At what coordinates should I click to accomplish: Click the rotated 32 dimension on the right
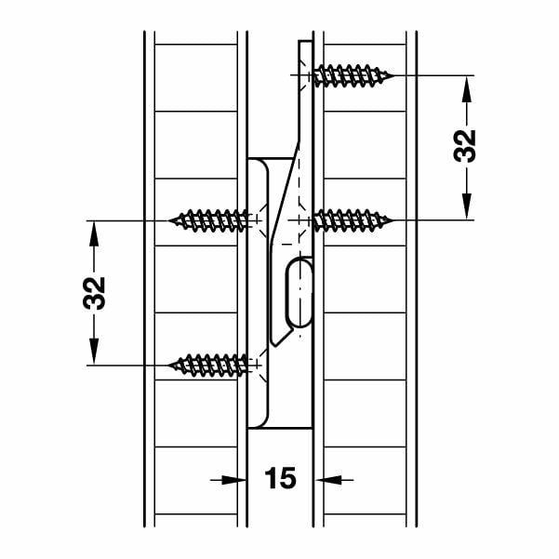pyautogui.click(x=466, y=146)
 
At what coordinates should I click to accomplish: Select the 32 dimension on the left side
pyautogui.click(x=95, y=292)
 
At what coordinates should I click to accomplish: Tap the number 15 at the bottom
pyautogui.click(x=280, y=479)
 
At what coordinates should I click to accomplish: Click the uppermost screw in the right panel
pyautogui.click(x=352, y=74)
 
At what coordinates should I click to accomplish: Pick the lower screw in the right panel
pyautogui.click(x=352, y=220)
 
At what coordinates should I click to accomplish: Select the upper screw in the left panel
pyautogui.click(x=213, y=220)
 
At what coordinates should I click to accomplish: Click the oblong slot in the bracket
pyautogui.click(x=299, y=293)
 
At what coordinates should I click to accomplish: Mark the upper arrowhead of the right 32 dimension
pyautogui.click(x=466, y=85)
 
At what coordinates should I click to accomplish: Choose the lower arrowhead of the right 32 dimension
pyautogui.click(x=466, y=209)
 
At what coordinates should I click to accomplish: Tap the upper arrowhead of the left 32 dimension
pyautogui.click(x=95, y=231)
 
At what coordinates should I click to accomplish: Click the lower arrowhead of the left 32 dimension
pyautogui.click(x=95, y=354)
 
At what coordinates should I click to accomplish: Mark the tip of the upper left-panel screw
pyautogui.click(x=171, y=220)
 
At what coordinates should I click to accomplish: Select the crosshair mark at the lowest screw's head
pyautogui.click(x=252, y=365)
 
